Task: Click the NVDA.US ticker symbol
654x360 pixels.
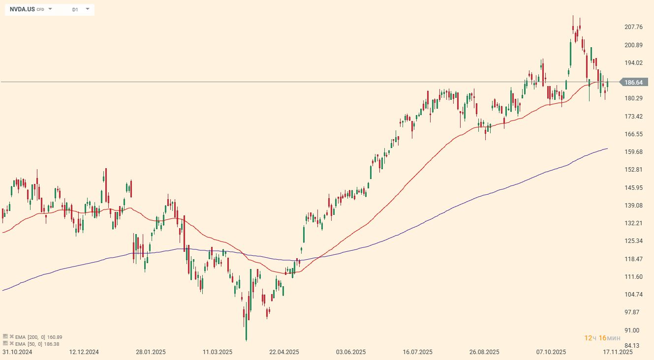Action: pyautogui.click(x=22, y=9)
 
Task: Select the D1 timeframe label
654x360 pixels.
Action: pyautogui.click(x=75, y=9)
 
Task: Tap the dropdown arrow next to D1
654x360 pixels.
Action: pyautogui.click(x=88, y=9)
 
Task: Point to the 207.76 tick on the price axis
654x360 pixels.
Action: pyautogui.click(x=634, y=27)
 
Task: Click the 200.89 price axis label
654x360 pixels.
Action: pyautogui.click(x=634, y=45)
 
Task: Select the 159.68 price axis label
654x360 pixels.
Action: pyautogui.click(x=634, y=152)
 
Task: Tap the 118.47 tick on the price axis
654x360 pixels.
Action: pyautogui.click(x=634, y=259)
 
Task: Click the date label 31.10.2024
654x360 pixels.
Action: pyautogui.click(x=17, y=352)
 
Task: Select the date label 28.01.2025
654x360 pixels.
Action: pyautogui.click(x=151, y=352)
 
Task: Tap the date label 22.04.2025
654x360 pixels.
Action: pyautogui.click(x=284, y=352)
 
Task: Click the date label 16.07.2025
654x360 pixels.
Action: pyautogui.click(x=417, y=352)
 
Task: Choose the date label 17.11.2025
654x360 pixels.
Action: pyautogui.click(x=618, y=352)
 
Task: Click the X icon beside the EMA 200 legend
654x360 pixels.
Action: pyautogui.click(x=11, y=337)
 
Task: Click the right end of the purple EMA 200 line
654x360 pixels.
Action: pyautogui.click(x=607, y=149)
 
